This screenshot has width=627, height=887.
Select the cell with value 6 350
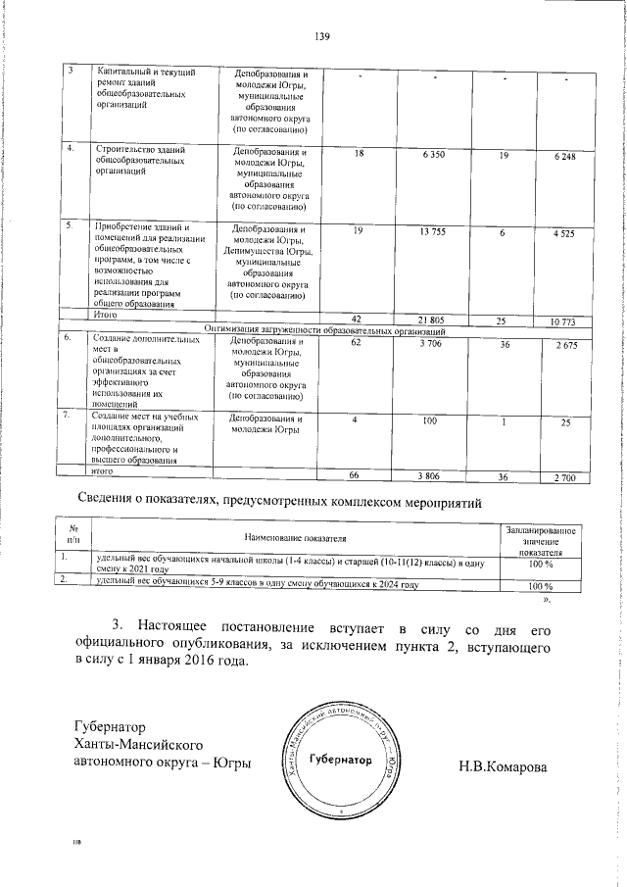(434, 156)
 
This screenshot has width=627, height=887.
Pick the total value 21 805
(433, 320)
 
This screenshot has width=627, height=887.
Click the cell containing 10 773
(562, 321)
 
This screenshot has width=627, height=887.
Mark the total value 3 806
(427, 476)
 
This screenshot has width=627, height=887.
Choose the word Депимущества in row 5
(261, 252)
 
